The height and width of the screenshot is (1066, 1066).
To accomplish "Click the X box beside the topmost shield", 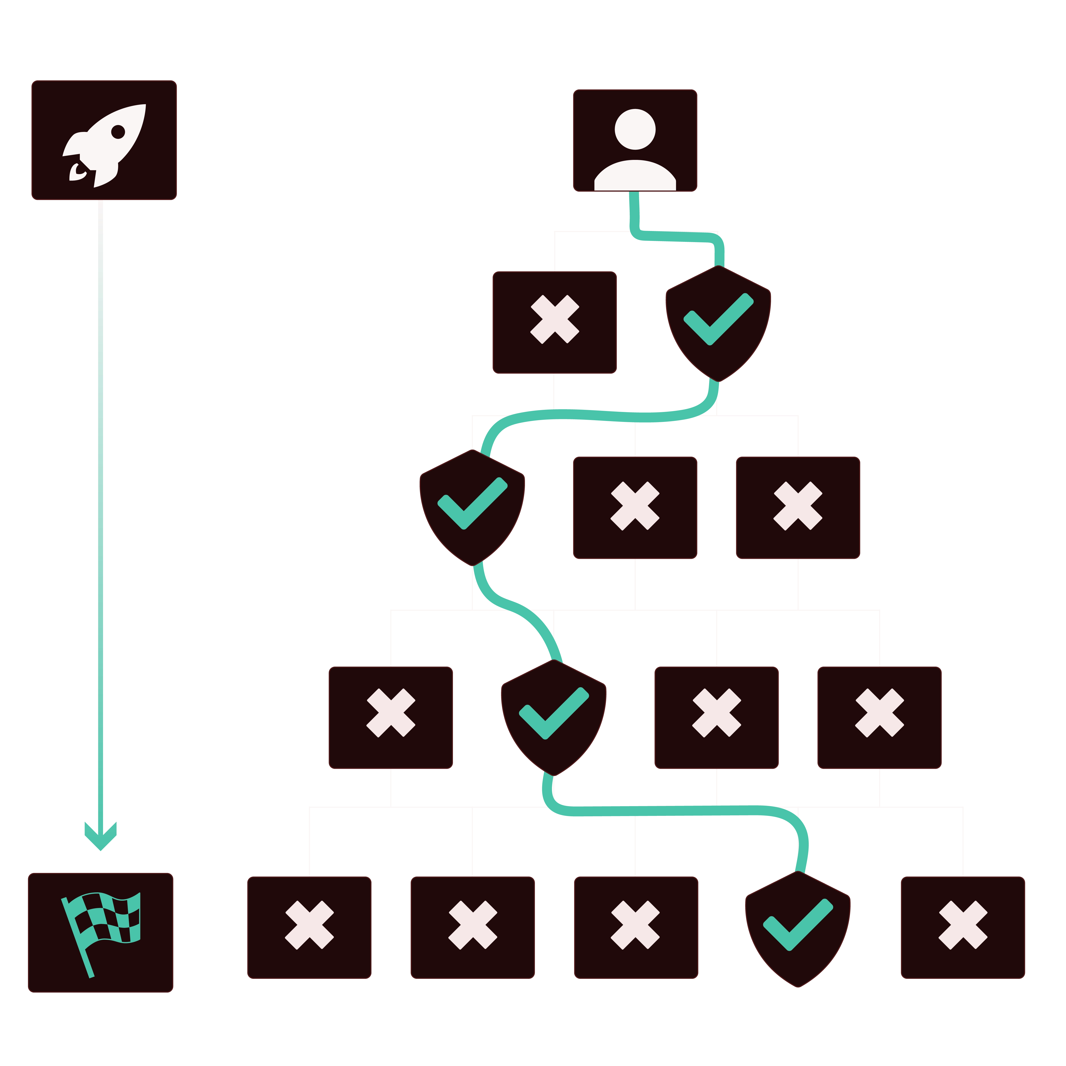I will tap(554, 323).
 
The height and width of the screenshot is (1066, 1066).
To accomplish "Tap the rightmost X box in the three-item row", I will tap(798, 506).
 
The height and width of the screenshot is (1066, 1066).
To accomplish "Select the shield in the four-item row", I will tap(553, 717).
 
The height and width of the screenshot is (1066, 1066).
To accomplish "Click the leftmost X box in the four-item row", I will tap(391, 717).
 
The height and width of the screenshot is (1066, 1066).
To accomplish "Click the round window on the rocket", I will tap(118, 131).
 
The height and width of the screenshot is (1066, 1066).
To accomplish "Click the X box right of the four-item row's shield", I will tap(716, 717).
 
